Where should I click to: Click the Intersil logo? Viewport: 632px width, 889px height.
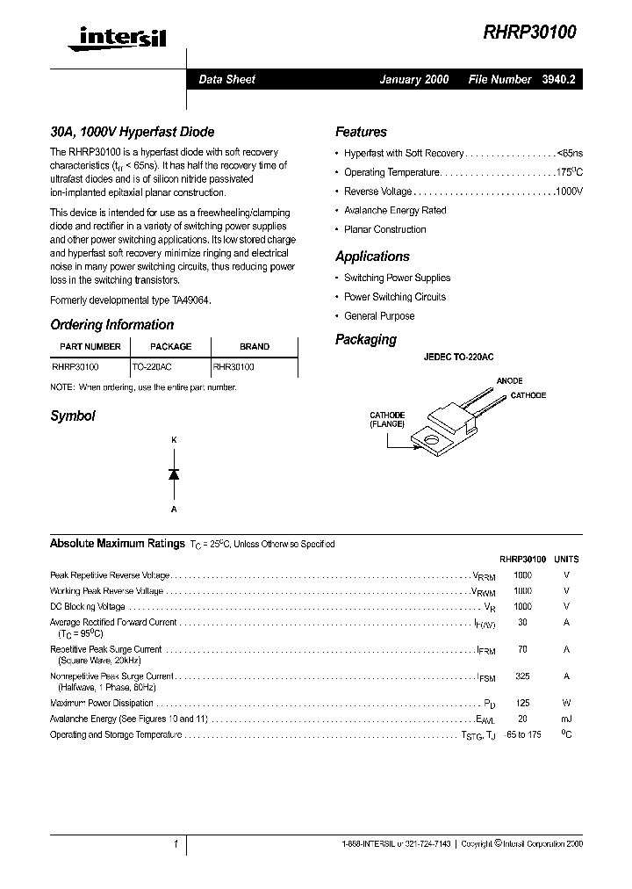[x=110, y=36]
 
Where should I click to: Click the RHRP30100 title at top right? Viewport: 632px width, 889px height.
[x=529, y=33]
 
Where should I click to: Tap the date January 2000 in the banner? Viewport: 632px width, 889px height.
[x=413, y=79]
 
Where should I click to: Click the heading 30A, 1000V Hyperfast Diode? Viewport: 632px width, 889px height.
[x=132, y=132]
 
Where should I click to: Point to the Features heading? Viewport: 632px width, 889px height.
[x=361, y=132]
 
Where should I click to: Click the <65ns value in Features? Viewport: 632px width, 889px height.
[x=569, y=154]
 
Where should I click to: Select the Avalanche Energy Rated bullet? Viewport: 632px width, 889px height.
[x=394, y=211]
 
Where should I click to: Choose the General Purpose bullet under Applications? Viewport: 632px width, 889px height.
[x=379, y=316]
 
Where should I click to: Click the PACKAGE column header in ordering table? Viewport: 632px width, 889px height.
[x=170, y=346]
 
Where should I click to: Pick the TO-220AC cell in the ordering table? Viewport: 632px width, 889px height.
[x=158, y=368]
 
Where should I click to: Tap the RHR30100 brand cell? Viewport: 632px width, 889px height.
[x=233, y=368]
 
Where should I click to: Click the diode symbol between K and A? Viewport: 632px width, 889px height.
[x=174, y=473]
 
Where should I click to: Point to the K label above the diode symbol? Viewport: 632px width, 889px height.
[x=174, y=438]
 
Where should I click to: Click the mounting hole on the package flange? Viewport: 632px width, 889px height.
[x=430, y=436]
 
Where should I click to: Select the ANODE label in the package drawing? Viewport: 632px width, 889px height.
[x=509, y=380]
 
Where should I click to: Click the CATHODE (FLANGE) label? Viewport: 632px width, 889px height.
[x=387, y=419]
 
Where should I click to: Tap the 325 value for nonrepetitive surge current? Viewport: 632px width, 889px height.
[x=522, y=676]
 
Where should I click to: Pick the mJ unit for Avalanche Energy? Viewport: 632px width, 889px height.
[x=566, y=719]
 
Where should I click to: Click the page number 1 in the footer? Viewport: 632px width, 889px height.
[x=176, y=843]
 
